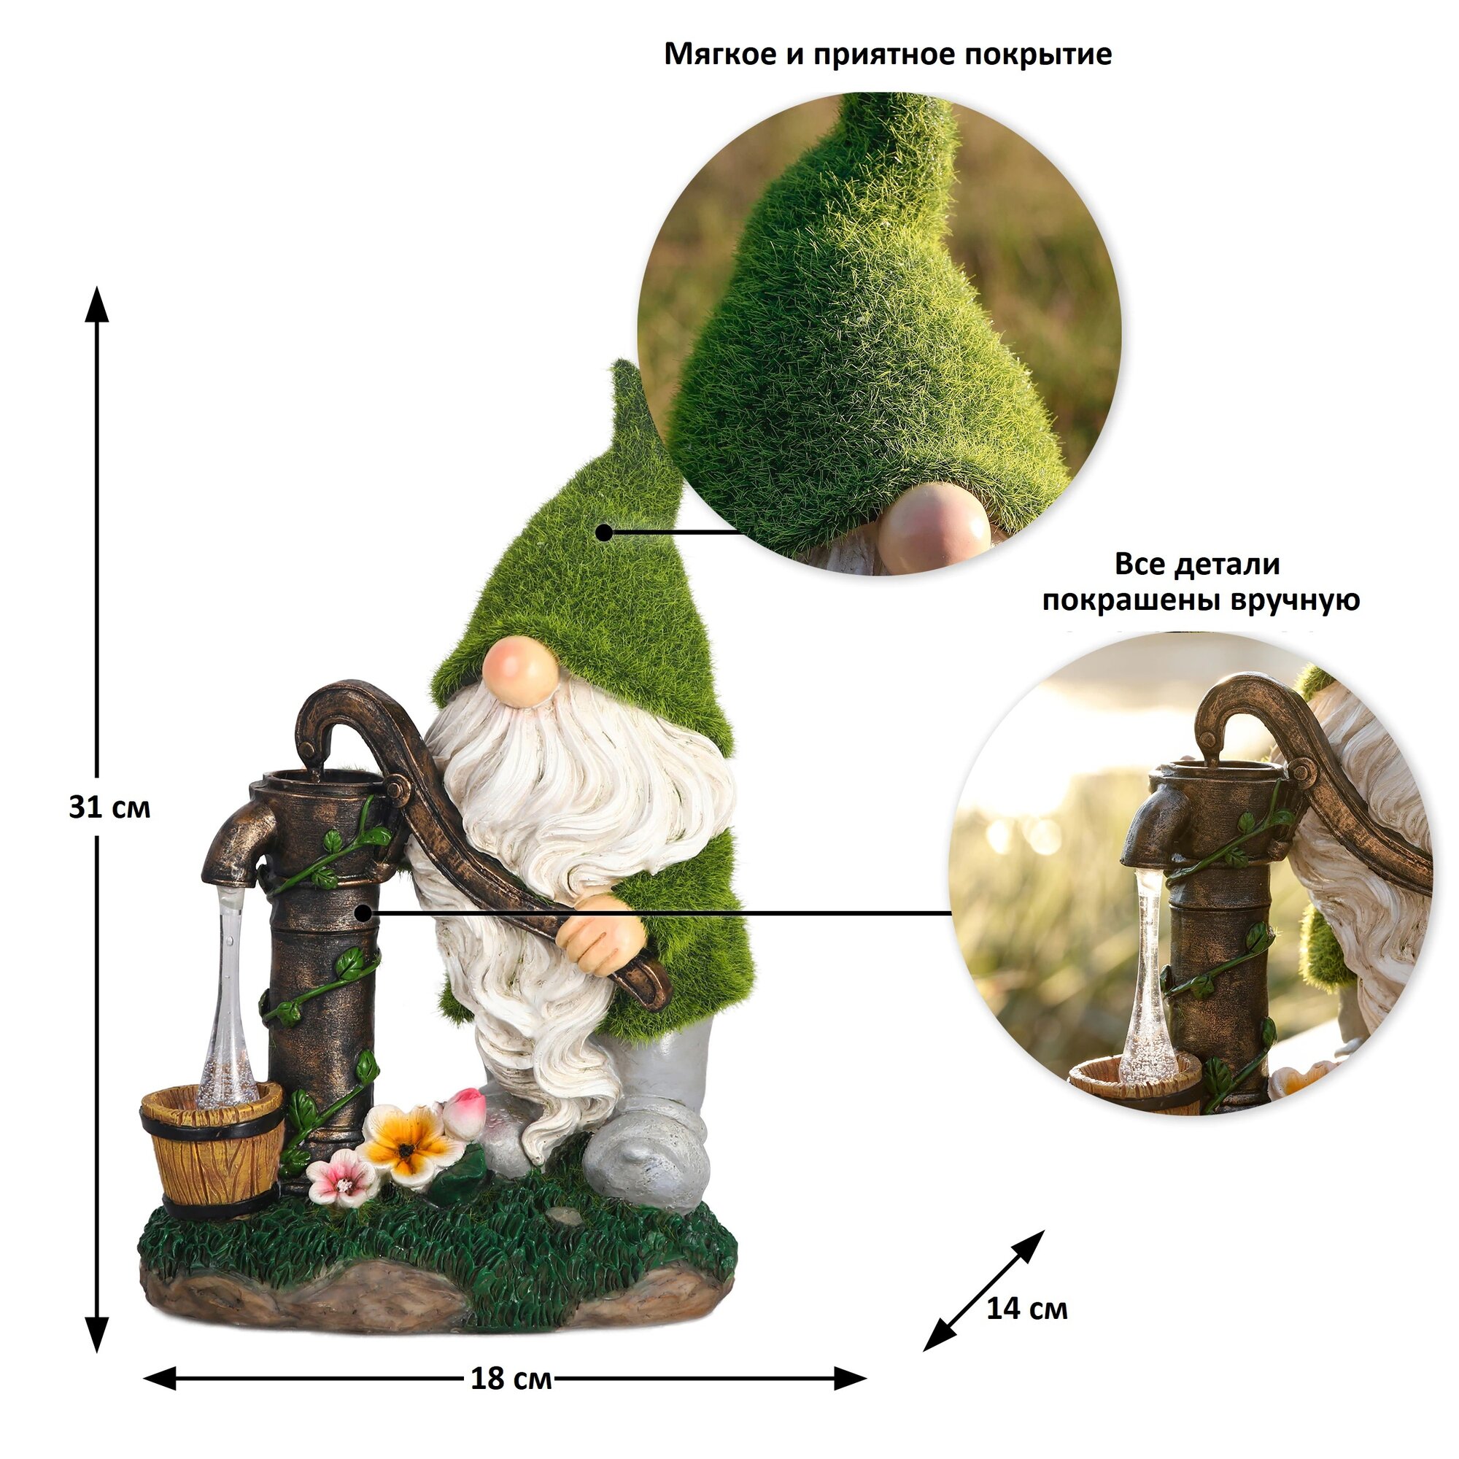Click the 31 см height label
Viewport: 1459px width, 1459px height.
(x=109, y=808)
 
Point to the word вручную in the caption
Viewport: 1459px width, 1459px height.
(x=1296, y=600)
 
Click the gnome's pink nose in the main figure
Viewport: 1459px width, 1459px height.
(x=516, y=670)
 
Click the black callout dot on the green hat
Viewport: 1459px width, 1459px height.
(x=603, y=533)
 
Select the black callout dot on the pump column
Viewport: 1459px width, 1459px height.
(x=363, y=913)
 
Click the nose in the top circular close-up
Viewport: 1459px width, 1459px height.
(x=935, y=528)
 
